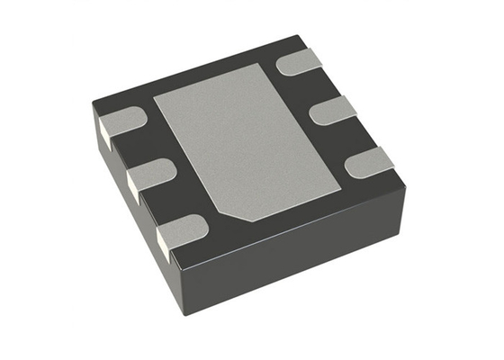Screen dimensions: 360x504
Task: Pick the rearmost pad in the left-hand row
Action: [x=123, y=121]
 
